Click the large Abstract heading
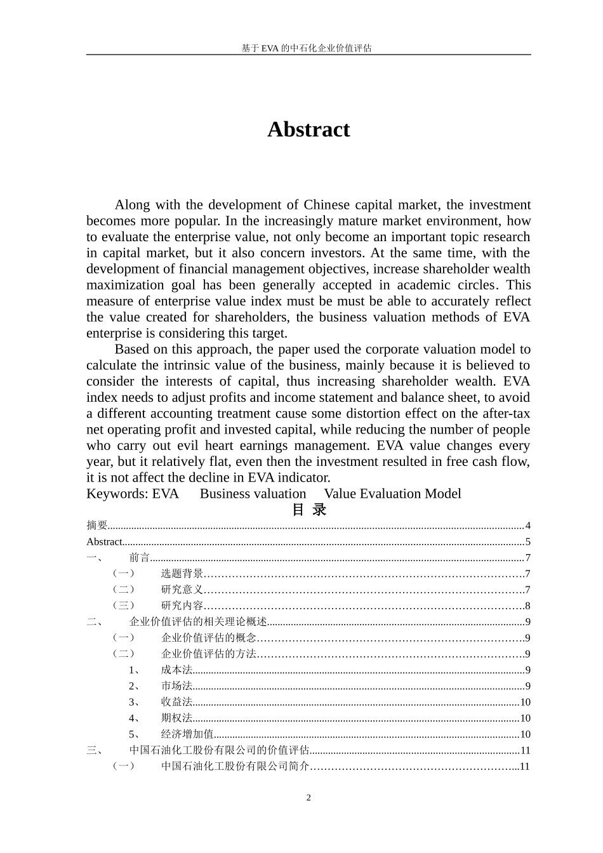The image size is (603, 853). point(308,129)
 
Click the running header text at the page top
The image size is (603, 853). point(307,48)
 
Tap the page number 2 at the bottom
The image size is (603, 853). point(308,798)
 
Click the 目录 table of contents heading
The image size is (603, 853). point(308,510)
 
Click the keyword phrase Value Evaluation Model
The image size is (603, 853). point(392,494)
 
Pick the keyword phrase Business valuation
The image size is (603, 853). point(253,494)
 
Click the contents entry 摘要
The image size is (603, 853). point(96,526)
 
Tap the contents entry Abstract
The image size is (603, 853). point(104,542)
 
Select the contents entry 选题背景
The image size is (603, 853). point(182,574)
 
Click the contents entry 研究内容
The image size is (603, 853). point(182,605)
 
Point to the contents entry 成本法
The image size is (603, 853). point(176,670)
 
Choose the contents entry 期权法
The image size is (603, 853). point(176,718)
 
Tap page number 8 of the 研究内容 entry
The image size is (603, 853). point(527,605)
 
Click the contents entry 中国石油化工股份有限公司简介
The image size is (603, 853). point(235,766)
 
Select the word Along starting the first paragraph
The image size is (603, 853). point(132,205)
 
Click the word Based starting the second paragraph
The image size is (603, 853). point(131,349)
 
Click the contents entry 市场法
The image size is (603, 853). point(176,686)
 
